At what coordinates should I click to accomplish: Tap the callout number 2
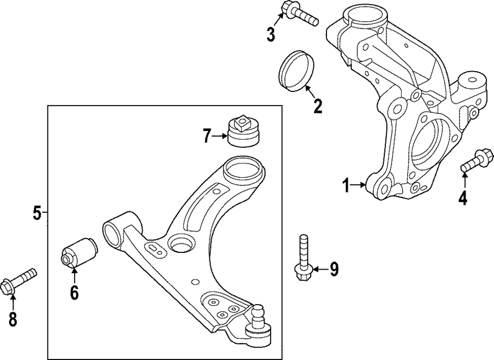[x=317, y=105]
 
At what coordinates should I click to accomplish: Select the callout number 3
[x=271, y=34]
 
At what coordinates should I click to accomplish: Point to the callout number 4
[x=462, y=198]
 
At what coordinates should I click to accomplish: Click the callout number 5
[x=37, y=213]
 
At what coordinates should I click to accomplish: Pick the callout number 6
[x=74, y=292]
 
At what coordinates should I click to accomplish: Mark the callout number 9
[x=334, y=269]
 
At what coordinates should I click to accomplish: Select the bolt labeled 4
[x=474, y=160]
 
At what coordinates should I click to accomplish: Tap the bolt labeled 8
[x=20, y=280]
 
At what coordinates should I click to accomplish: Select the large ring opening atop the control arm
[x=242, y=171]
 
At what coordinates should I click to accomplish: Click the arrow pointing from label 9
[x=320, y=269]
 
